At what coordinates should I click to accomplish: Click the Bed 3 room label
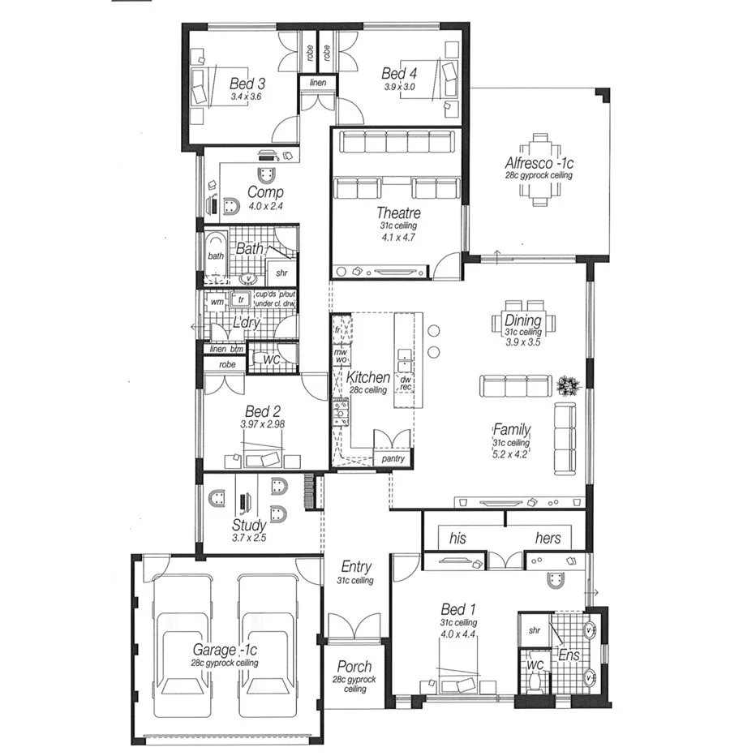pyautogui.click(x=247, y=84)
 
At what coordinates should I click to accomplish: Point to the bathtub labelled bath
pyautogui.click(x=215, y=256)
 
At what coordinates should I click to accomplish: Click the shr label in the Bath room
pyautogui.click(x=281, y=273)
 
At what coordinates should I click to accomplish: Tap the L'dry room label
pyautogui.click(x=246, y=323)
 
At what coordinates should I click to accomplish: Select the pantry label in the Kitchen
pyautogui.click(x=393, y=459)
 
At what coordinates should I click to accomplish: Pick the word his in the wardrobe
pyautogui.click(x=457, y=538)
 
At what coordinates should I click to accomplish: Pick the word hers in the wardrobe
pyautogui.click(x=548, y=538)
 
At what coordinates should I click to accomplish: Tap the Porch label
pyautogui.click(x=354, y=667)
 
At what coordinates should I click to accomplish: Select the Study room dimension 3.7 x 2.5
pyautogui.click(x=249, y=538)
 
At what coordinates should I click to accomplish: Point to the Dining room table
pyautogui.click(x=523, y=324)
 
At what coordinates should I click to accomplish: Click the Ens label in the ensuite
pyautogui.click(x=569, y=655)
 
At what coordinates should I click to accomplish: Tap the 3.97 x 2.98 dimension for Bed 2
pyautogui.click(x=262, y=424)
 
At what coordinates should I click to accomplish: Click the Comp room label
pyautogui.click(x=264, y=192)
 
